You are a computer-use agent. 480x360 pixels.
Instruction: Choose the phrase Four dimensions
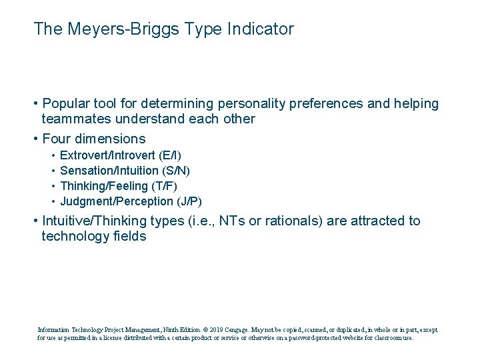93,139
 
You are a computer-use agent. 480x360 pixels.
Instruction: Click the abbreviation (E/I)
170,155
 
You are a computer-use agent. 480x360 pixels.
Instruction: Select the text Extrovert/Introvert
108,155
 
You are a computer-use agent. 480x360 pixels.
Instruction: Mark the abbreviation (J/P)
189,201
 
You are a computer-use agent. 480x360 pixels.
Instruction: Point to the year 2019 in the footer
216,329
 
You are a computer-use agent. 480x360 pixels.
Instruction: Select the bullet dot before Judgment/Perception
53,201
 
